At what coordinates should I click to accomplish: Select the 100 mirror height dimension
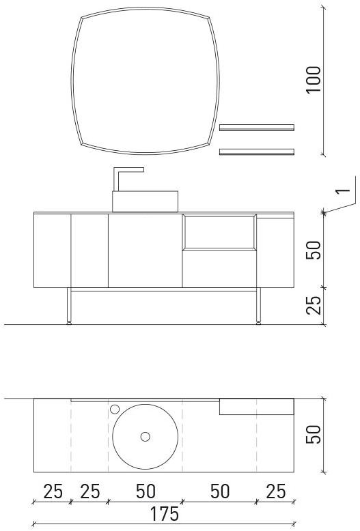tap(314, 80)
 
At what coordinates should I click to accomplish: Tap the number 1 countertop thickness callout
tap(346, 186)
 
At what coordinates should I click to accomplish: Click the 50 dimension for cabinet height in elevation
tap(314, 250)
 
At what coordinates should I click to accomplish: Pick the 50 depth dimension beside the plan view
tap(314, 435)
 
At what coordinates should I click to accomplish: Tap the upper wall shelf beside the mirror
tap(256, 127)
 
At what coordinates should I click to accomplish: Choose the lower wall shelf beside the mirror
tap(256, 152)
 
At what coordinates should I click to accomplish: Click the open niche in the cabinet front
tap(219, 231)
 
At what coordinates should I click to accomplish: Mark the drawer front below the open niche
tap(219, 268)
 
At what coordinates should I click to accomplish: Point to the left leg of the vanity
tap(68, 306)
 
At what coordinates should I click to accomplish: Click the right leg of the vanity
tap(259, 306)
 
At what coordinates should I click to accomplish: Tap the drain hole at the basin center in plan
tap(145, 436)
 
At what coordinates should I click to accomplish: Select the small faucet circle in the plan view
tap(115, 409)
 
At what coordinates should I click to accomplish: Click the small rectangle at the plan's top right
tap(256, 407)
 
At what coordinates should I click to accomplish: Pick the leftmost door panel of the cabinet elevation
tap(53, 250)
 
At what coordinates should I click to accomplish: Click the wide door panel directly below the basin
tap(145, 250)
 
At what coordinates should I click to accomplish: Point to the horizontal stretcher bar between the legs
tap(164, 291)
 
